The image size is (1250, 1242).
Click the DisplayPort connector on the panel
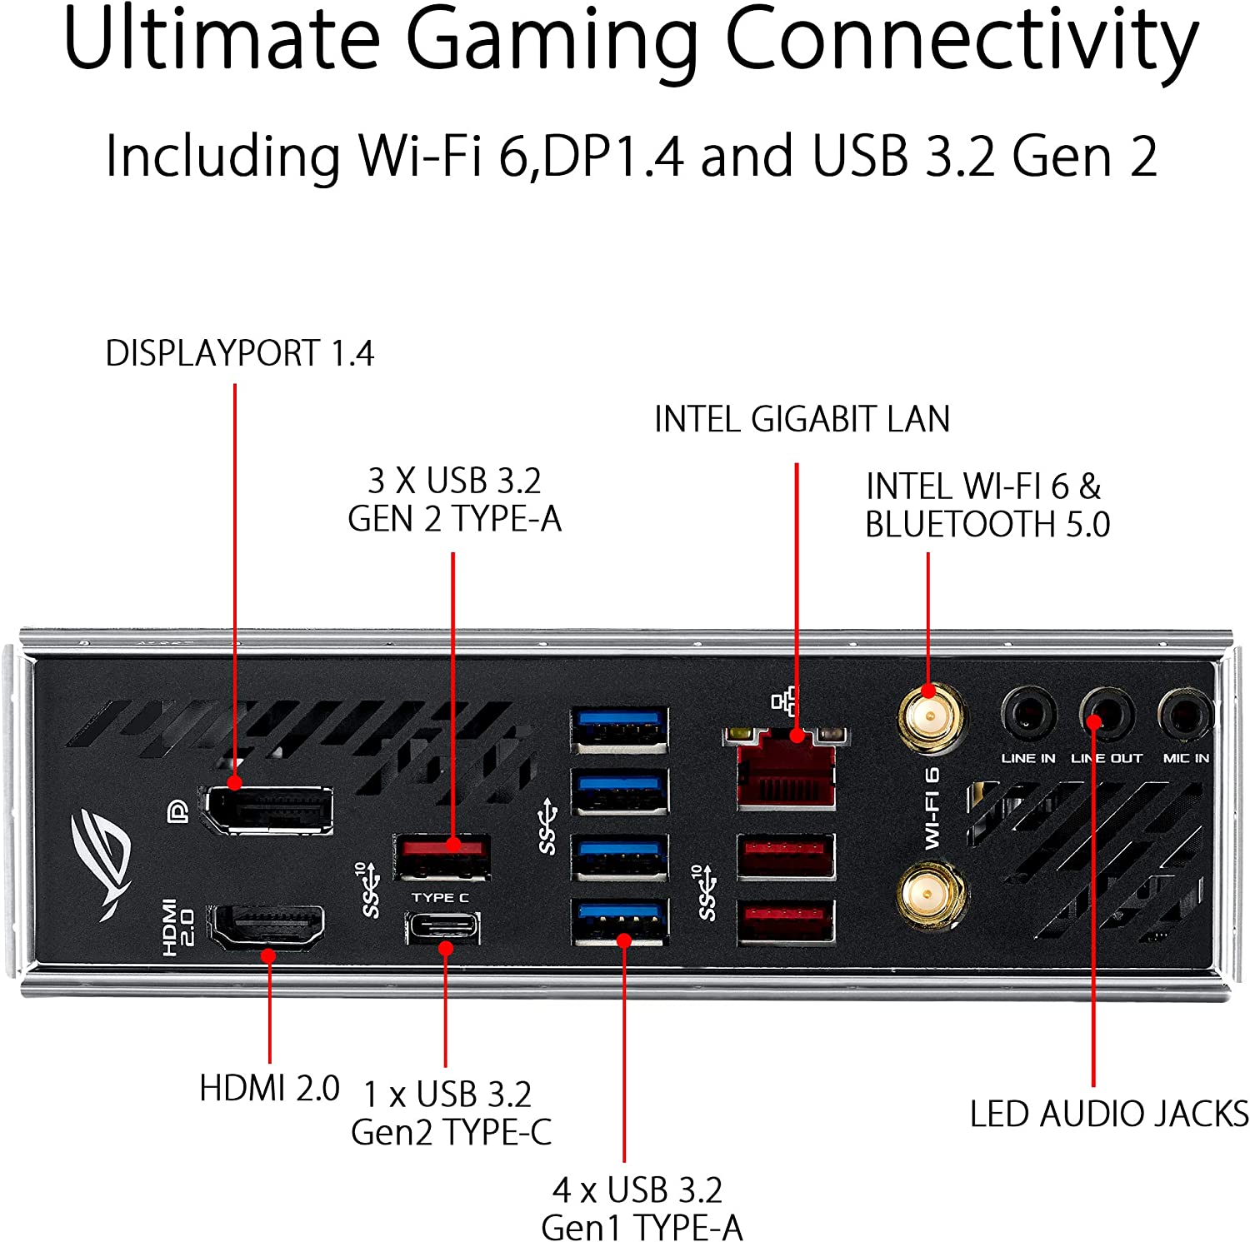(x=268, y=809)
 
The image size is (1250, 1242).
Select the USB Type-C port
(x=442, y=927)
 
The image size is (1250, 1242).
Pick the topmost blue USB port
(x=619, y=729)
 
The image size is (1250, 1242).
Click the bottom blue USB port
(x=619, y=921)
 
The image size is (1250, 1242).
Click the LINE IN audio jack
(x=1027, y=715)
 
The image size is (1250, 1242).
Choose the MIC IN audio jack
(x=1184, y=715)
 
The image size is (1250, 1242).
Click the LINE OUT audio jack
(x=1106, y=715)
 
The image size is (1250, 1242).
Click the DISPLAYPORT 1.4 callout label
(x=239, y=353)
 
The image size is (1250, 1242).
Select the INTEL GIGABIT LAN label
(x=802, y=419)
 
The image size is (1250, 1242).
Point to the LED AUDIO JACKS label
(x=1108, y=1114)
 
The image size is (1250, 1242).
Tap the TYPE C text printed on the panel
(x=440, y=897)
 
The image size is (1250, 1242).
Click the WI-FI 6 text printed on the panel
(x=932, y=808)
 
